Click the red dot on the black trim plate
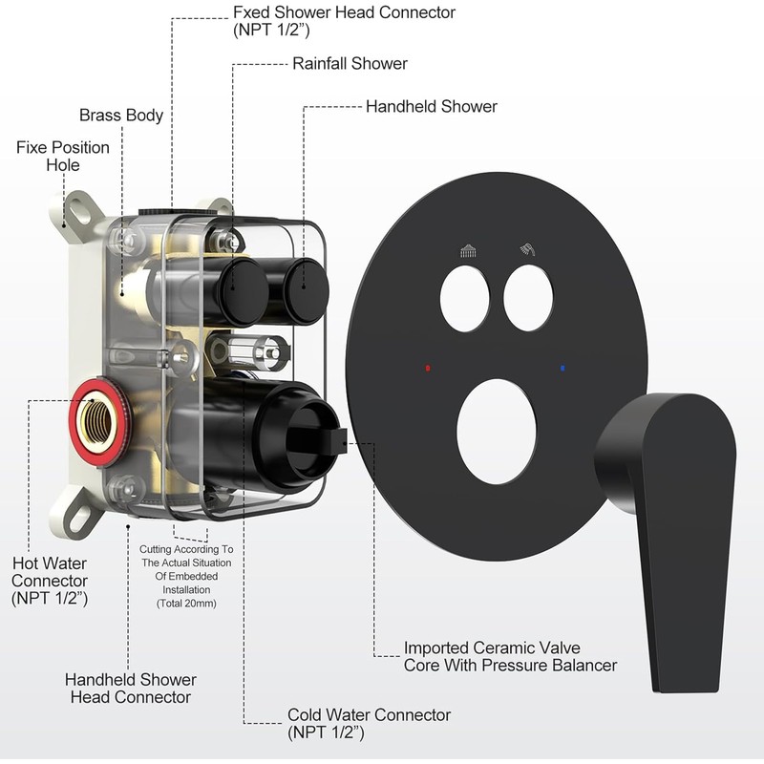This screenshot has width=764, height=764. pyautogui.click(x=429, y=367)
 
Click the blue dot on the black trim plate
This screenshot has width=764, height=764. pyautogui.click(x=564, y=367)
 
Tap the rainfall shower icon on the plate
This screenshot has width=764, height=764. pyautogui.click(x=468, y=252)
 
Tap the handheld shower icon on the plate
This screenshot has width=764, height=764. pyautogui.click(x=525, y=252)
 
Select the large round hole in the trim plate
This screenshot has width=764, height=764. pyautogui.click(x=496, y=430)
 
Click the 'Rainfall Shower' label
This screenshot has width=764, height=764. pyautogui.click(x=350, y=64)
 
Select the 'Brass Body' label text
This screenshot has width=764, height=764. pyautogui.click(x=121, y=116)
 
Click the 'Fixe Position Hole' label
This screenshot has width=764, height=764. pyautogui.click(x=63, y=157)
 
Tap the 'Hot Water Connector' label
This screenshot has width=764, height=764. pyautogui.click(x=50, y=581)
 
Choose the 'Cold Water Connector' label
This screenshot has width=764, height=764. pyautogui.click(x=369, y=723)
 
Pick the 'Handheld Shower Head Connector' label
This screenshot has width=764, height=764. pyautogui.click(x=131, y=688)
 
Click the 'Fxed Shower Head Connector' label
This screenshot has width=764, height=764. pyautogui.click(x=344, y=21)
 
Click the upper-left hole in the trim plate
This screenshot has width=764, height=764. pyautogui.click(x=465, y=298)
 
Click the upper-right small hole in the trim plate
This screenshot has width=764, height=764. pyautogui.click(x=528, y=298)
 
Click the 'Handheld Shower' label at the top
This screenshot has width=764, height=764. pyautogui.click(x=431, y=107)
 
